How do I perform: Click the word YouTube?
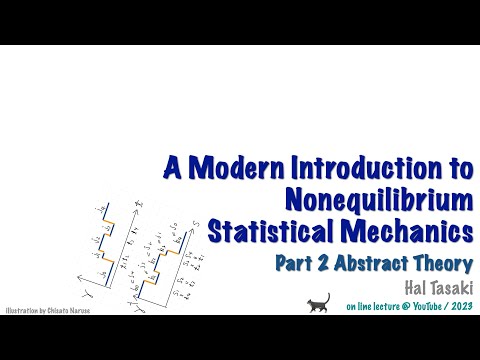[x=423, y=307]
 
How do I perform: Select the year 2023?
[x=462, y=307]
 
